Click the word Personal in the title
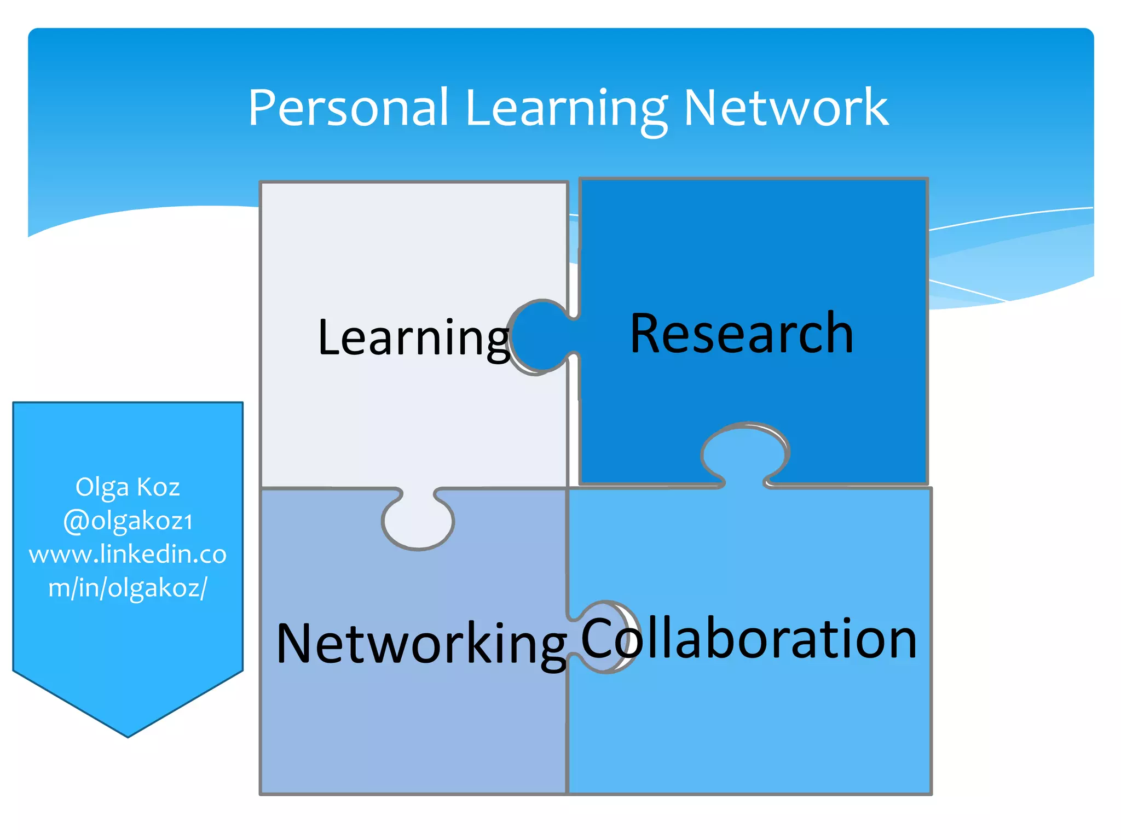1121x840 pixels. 348,108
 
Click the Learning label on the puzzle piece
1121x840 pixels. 414,338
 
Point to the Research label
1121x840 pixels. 742,333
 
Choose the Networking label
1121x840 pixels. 421,644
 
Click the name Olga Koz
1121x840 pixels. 128,487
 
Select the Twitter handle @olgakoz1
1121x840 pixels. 128,520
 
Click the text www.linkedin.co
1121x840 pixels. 128,554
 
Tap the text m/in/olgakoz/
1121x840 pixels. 128,588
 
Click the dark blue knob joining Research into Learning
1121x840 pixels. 541,336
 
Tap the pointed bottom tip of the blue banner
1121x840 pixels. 128,734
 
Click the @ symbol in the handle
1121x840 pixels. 76,521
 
